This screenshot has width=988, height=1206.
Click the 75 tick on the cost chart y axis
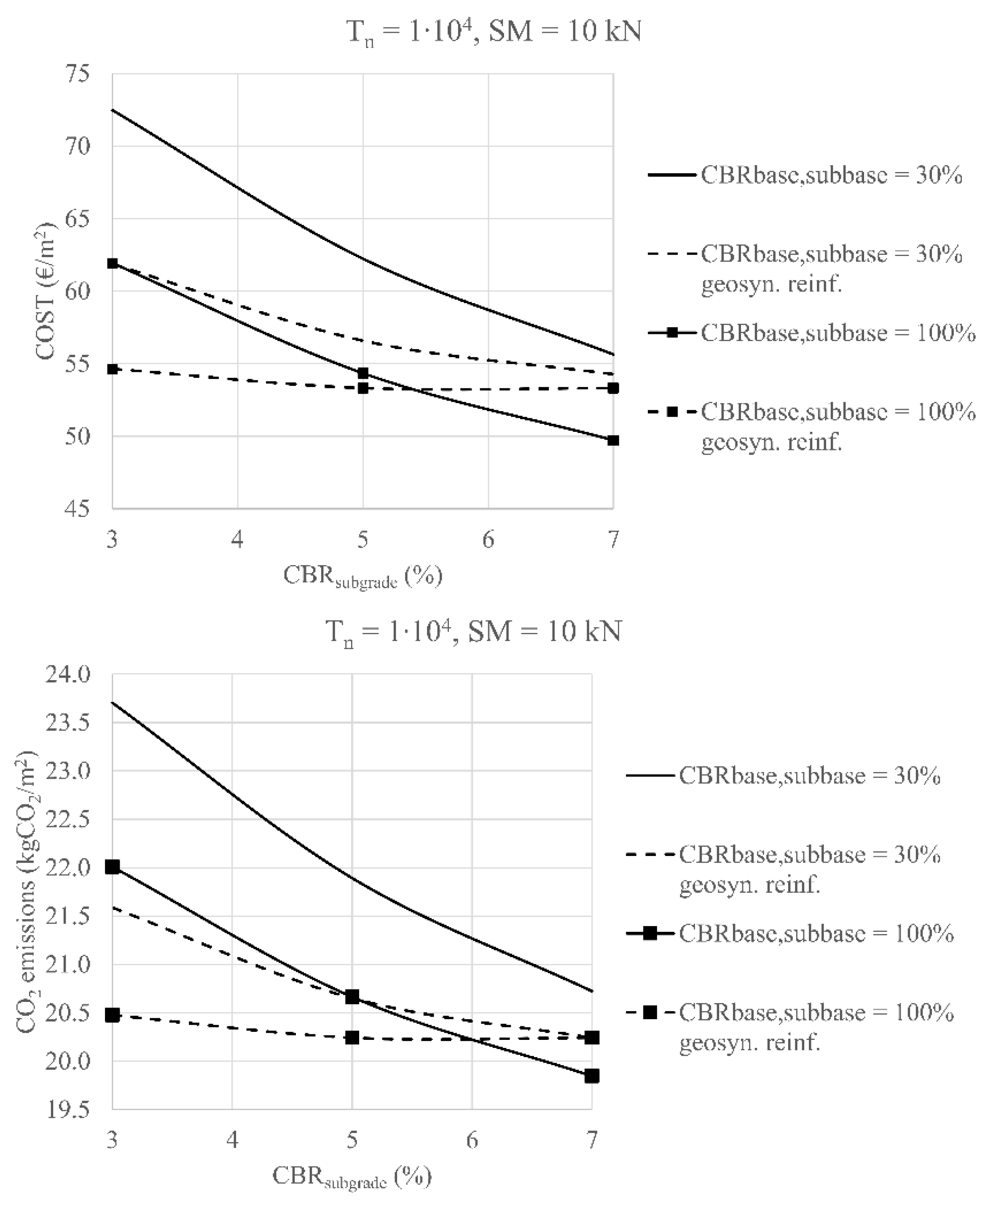coord(76,74)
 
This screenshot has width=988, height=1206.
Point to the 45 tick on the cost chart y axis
coord(76,509)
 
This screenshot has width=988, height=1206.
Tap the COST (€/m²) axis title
coord(47,291)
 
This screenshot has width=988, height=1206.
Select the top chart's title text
coord(494,31)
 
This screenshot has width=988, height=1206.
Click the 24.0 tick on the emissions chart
coord(69,675)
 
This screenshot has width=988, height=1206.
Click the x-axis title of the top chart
coord(362,576)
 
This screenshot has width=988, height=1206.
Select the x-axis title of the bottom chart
coord(352,1176)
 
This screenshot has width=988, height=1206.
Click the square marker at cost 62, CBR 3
coord(113,263)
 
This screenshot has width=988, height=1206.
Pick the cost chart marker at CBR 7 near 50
coord(613,440)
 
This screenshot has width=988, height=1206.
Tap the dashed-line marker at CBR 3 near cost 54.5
coord(113,369)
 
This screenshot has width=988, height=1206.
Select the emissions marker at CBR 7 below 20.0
coord(592,1076)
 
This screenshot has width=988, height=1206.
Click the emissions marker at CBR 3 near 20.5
coord(113,1015)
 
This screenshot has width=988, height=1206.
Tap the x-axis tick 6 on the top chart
coord(488,539)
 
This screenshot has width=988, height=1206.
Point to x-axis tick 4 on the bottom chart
coord(232,1139)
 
